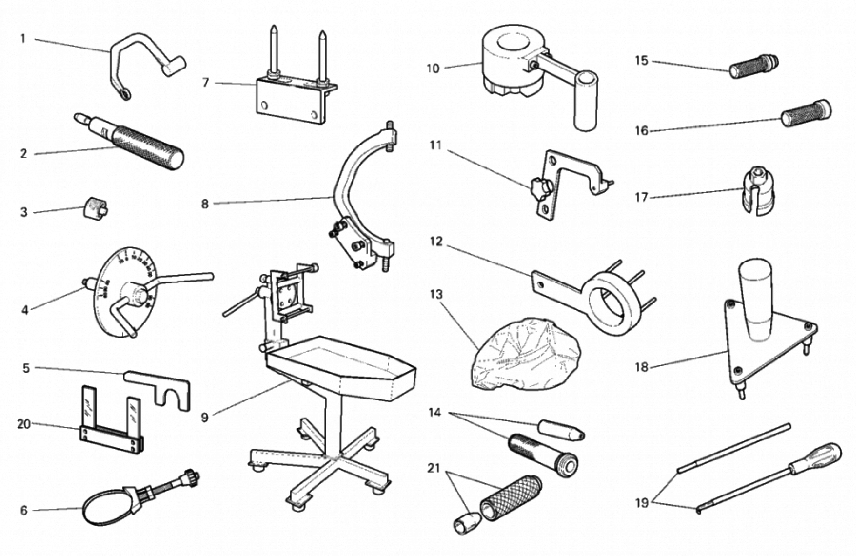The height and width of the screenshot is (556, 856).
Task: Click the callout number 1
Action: [23, 38]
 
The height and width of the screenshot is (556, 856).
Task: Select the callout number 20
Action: [24, 424]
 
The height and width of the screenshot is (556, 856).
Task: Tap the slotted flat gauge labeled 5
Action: [158, 383]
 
